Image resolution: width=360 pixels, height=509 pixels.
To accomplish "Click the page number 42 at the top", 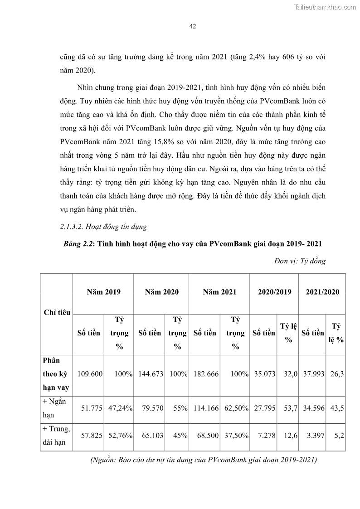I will (x=192, y=27).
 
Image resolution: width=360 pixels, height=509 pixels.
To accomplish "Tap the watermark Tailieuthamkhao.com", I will (x=326, y=7).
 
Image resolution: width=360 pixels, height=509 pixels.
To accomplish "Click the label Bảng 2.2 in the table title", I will (x=78, y=244).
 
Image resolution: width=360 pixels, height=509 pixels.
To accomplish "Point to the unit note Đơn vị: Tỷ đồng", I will (x=300, y=261).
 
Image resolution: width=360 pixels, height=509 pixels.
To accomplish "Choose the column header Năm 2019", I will (x=103, y=292).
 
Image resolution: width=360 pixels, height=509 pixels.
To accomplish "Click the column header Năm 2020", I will (x=161, y=292).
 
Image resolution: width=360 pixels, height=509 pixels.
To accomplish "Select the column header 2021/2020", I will (x=322, y=292).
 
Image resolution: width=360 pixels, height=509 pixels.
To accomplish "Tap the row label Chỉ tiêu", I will (x=57, y=312).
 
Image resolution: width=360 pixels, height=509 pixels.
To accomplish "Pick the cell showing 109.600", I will (x=90, y=374).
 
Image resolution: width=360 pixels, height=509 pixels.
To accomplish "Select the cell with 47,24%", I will (x=120, y=407).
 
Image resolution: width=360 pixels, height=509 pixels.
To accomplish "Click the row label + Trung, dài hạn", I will (x=56, y=436).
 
